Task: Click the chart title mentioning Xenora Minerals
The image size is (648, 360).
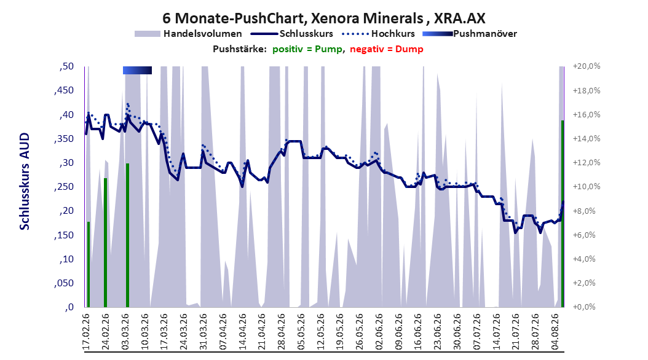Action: click(x=323, y=18)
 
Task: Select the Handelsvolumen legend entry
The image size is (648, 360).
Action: click(x=189, y=34)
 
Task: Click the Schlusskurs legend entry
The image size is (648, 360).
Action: click(x=292, y=34)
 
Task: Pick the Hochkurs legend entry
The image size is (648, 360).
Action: click(x=378, y=34)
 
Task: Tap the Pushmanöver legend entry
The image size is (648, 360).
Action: click(x=470, y=34)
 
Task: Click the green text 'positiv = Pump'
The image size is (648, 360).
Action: click(x=307, y=49)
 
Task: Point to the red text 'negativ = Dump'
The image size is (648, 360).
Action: click(x=387, y=49)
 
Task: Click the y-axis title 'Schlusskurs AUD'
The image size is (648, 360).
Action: click(x=25, y=182)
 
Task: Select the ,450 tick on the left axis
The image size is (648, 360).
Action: click(x=64, y=90)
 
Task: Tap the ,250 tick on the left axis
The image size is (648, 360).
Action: click(x=64, y=187)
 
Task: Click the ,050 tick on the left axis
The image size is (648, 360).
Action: click(x=64, y=283)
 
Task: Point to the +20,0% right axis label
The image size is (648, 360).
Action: click(x=587, y=66)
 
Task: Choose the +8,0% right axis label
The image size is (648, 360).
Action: click(x=587, y=211)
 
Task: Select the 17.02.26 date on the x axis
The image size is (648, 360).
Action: click(x=86, y=332)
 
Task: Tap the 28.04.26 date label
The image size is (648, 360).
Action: click(x=282, y=332)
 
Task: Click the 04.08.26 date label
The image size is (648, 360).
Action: click(x=555, y=332)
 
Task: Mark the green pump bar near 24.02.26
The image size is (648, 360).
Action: click(x=105, y=243)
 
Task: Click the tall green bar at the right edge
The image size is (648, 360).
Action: click(x=563, y=214)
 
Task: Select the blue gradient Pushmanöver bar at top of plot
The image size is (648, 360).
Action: click(x=137, y=71)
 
